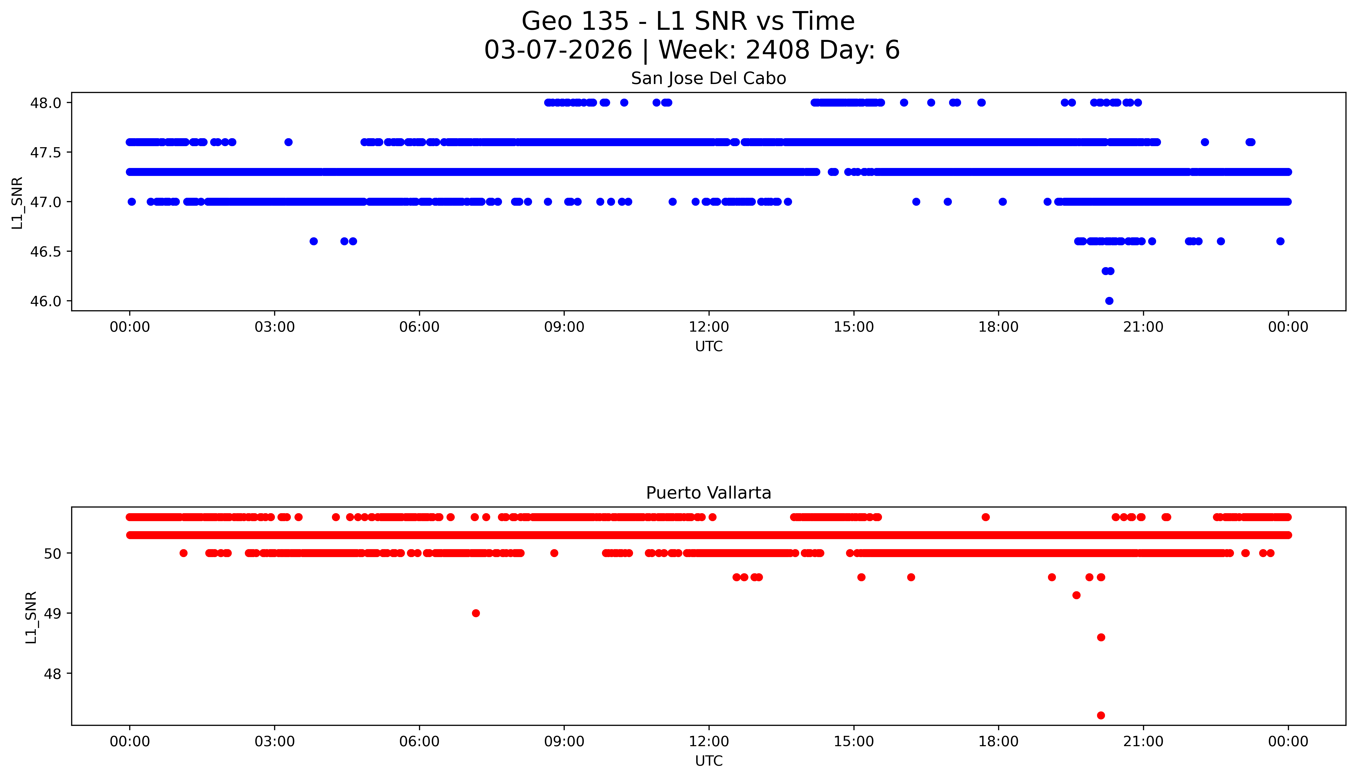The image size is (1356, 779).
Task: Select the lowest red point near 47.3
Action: tap(1101, 715)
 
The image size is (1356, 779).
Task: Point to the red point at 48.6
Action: tap(1101, 637)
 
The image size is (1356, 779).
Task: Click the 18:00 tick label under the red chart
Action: tap(999, 742)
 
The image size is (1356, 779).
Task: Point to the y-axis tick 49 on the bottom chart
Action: tap(52, 613)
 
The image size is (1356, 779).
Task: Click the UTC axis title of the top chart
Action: tap(709, 347)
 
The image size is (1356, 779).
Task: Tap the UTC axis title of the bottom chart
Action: tap(709, 761)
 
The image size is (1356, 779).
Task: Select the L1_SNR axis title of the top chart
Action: tap(17, 202)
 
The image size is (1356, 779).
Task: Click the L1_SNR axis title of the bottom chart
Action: tap(31, 617)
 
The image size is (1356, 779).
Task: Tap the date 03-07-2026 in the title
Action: tap(558, 50)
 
